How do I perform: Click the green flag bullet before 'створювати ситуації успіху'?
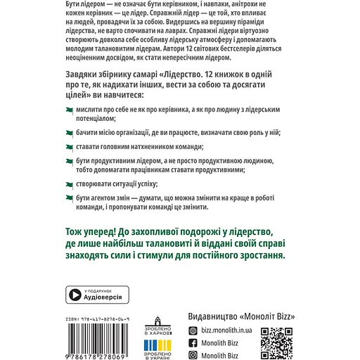[70, 183]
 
